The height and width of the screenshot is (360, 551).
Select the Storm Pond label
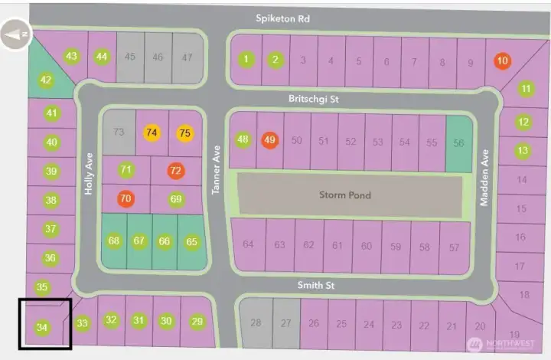click(x=344, y=195)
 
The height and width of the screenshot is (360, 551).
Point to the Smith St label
click(x=318, y=284)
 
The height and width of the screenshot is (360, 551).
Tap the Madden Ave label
click(x=484, y=178)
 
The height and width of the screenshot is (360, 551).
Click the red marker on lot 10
click(x=502, y=61)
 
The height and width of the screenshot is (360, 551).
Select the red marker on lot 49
click(x=269, y=139)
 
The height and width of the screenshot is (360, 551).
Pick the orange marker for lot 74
click(x=152, y=132)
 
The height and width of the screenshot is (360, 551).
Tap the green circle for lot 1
click(x=246, y=59)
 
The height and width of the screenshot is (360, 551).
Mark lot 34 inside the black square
click(x=42, y=327)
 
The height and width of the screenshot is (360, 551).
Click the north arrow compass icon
click(x=17, y=35)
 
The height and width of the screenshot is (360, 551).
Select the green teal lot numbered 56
click(x=459, y=142)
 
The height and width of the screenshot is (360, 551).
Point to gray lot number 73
click(x=119, y=132)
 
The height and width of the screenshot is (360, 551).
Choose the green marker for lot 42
click(x=46, y=80)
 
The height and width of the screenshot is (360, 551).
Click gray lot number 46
click(x=158, y=56)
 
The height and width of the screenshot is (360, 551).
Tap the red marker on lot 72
click(x=176, y=170)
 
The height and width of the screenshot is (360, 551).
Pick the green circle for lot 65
click(x=191, y=241)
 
